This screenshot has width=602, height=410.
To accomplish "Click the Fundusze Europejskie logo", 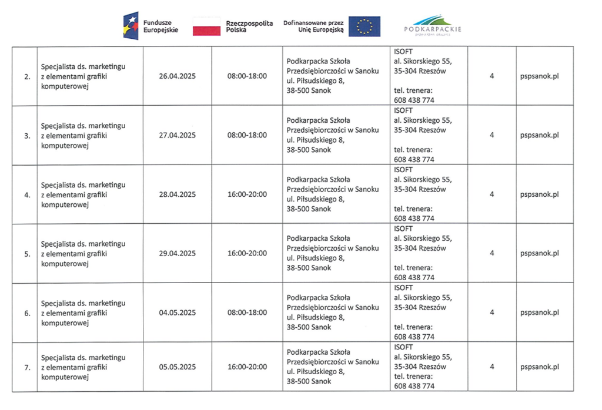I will coord(150,26).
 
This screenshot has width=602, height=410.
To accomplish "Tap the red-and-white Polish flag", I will coord(206,26).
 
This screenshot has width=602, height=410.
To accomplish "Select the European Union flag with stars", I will coord(364,26).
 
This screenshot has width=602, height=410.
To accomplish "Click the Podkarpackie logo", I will coord(433,26).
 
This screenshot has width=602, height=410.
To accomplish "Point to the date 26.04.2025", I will coord(177,76).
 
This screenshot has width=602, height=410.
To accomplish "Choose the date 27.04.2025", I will coord(177,135).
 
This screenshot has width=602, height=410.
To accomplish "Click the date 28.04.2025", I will coord(177,194).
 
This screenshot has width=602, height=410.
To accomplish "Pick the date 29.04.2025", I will coord(177,253).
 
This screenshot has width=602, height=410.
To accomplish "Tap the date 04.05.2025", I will coord(177,312).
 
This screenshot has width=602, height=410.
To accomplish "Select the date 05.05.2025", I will coord(177,367).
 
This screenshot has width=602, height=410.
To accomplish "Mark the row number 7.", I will coord(27,368).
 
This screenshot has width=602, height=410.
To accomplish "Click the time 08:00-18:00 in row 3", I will coord(247,135).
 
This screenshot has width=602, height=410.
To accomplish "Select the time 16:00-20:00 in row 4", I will coord(247,194).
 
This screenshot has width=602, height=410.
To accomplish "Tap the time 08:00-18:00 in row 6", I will coord(247,312).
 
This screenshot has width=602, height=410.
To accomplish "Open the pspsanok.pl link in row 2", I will coord(539,76).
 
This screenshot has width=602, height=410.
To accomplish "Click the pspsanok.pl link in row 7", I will coord(539,367).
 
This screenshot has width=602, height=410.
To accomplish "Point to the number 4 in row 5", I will coord(491,253).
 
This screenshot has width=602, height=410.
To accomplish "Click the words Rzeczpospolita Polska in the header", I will coord(249,26).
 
